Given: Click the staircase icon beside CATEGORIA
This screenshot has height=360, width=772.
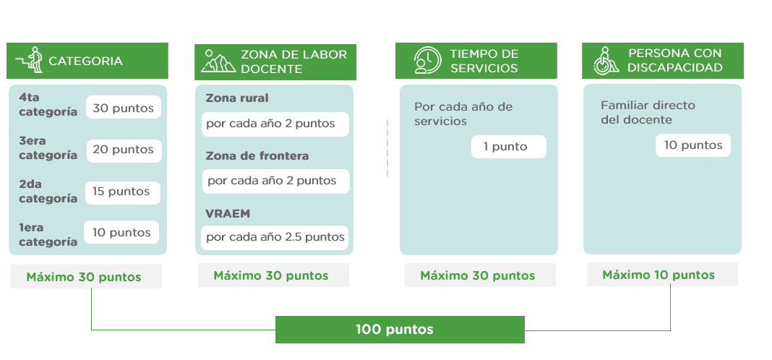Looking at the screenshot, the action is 29,60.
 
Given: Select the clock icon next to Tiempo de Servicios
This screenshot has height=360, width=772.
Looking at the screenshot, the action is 427,60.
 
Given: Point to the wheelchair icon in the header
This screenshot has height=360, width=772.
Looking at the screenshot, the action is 606,61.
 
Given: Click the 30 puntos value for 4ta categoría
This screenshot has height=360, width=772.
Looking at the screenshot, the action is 124,107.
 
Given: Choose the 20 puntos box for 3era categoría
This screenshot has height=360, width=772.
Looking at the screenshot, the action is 124,150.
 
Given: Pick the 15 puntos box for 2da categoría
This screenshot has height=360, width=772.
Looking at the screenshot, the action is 123,192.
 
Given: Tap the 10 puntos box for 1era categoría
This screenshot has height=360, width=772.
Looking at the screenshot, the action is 121,232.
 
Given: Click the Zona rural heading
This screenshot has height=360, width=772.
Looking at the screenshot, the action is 237,98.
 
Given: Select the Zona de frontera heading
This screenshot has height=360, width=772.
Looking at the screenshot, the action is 257,155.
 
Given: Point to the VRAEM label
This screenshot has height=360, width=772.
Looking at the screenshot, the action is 228,213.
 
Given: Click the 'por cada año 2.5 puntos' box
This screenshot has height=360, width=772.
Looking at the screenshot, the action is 275,237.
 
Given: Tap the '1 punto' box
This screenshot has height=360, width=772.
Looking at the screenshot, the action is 509,147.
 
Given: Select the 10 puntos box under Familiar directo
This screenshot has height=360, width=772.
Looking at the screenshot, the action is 692,145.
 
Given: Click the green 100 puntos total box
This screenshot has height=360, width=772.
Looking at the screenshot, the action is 400,330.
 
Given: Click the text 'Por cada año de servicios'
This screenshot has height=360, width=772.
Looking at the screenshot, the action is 463,113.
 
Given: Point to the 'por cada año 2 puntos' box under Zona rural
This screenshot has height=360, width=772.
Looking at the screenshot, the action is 275,124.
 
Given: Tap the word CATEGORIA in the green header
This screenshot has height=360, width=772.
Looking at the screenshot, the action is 86,61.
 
